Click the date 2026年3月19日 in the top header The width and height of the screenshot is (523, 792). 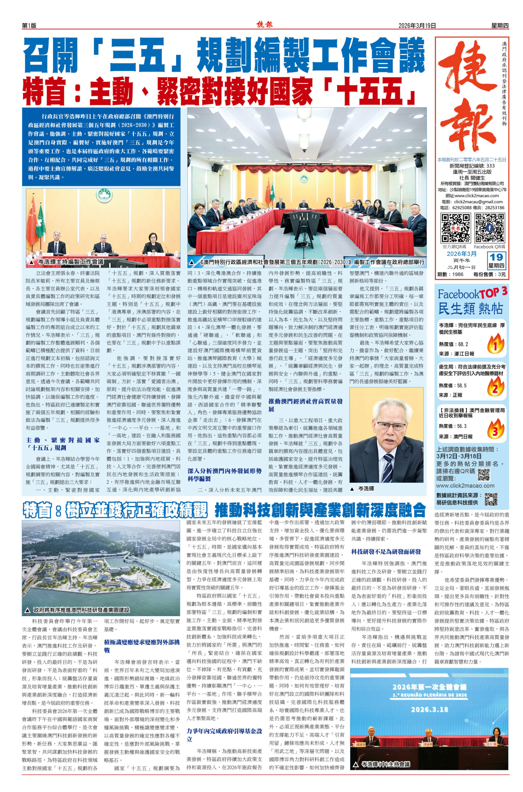click(x=417, y=25)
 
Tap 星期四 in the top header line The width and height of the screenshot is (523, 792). click(x=500, y=25)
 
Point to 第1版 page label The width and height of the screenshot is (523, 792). click(x=29, y=26)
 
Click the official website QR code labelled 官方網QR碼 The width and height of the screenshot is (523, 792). click(x=456, y=228)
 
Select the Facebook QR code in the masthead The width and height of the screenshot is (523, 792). click(x=489, y=228)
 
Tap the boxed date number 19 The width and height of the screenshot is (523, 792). click(x=497, y=257)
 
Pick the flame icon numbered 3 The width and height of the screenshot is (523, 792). click(x=495, y=430)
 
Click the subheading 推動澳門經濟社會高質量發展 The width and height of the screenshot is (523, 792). click(x=305, y=405)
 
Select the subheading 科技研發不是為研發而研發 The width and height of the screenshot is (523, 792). click(x=386, y=551)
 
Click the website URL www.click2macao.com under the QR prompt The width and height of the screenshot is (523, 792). click(x=465, y=486)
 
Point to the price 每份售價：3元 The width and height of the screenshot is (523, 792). click(x=489, y=274)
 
